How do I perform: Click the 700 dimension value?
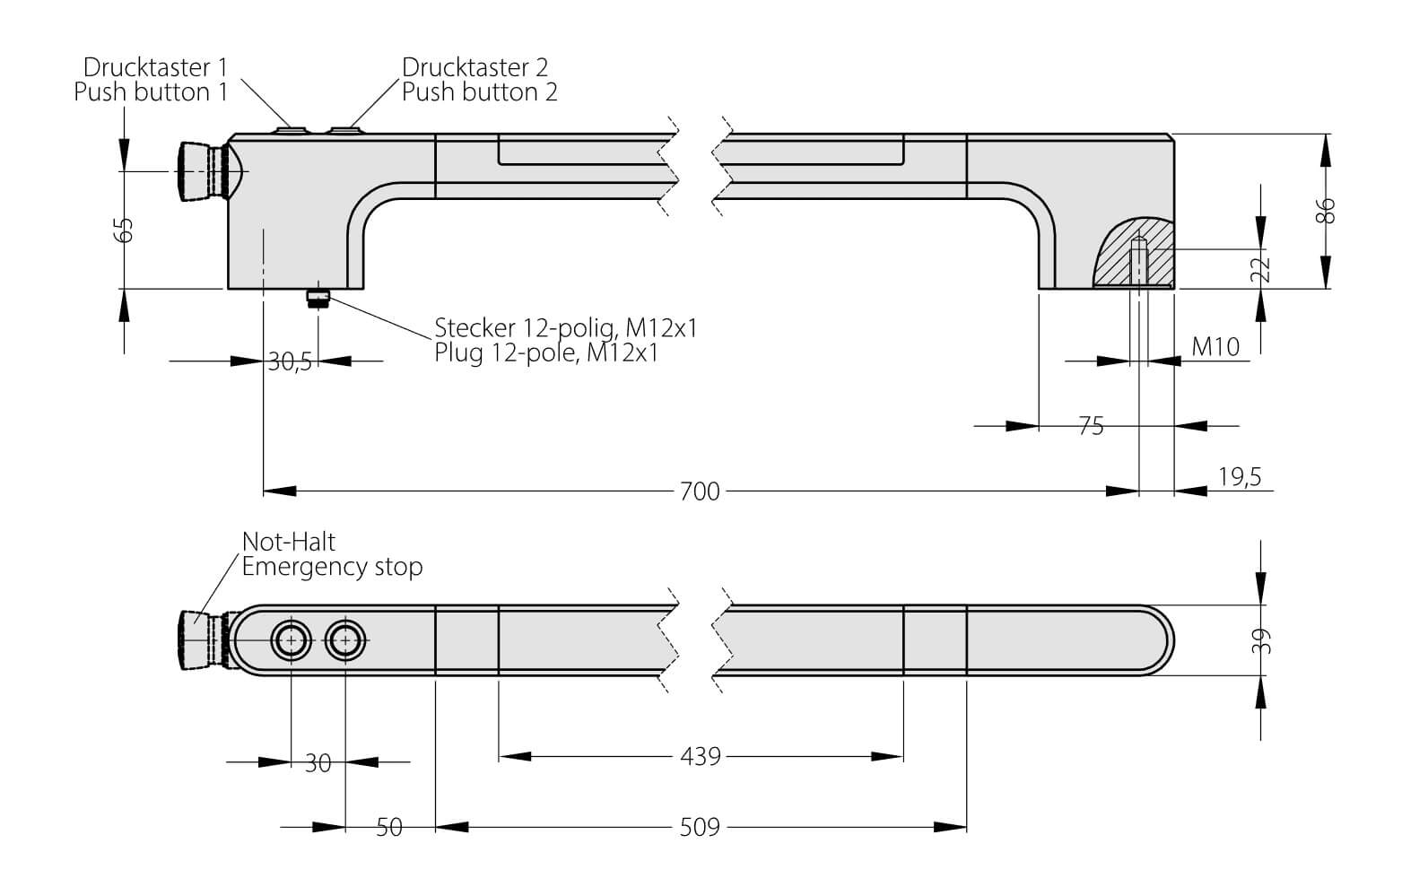pyautogui.click(x=700, y=491)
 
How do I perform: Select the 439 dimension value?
pyautogui.click(x=700, y=757)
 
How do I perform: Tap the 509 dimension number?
pyautogui.click(x=700, y=827)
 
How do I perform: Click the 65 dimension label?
pyautogui.click(x=126, y=230)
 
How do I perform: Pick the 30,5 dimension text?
pyautogui.click(x=290, y=362)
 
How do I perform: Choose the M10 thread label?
pyautogui.click(x=1215, y=347)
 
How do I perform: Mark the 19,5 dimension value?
pyautogui.click(x=1240, y=477)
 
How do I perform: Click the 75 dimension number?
pyautogui.click(x=1091, y=427)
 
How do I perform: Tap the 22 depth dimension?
pyautogui.click(x=1261, y=269)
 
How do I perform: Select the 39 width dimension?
pyautogui.click(x=1261, y=639)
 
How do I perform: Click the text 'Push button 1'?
pyautogui.click(x=151, y=91)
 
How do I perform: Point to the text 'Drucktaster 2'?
pyautogui.click(x=475, y=67)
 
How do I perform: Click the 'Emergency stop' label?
pyautogui.click(x=332, y=567)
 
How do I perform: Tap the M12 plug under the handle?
pyautogui.click(x=318, y=299)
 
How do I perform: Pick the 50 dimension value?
pyautogui.click(x=388, y=827)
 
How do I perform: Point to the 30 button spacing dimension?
pyautogui.click(x=318, y=763)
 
